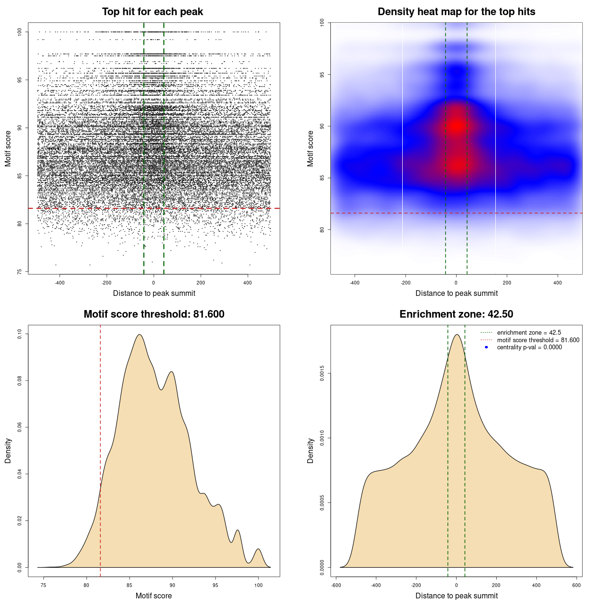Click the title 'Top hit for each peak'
152,12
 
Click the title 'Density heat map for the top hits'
456,12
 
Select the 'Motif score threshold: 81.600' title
154,314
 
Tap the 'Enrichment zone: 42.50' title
456,314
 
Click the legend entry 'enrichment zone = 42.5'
529,333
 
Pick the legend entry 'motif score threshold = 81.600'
538,340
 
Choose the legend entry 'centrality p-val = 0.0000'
529,347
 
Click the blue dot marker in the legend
486,347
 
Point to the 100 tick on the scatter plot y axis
20,32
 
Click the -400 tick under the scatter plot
60,283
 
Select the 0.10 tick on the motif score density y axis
20,334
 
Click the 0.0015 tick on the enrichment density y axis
322,374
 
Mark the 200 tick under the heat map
507,283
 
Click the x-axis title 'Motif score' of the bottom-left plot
154,596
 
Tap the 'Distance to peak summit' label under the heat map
456,293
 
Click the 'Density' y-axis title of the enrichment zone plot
311,450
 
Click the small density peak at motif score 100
258,549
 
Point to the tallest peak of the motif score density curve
139,335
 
